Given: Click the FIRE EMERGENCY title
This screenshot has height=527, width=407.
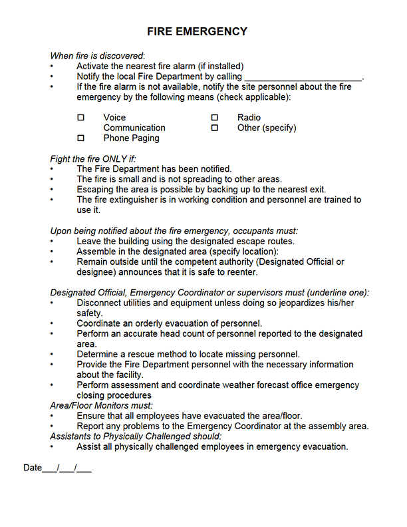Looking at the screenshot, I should point(197,32).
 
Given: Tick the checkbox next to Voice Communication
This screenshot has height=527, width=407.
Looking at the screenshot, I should point(81,118).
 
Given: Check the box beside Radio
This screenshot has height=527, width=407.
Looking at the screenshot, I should point(215,118).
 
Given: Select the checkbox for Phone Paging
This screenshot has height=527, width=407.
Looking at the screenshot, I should point(81,138).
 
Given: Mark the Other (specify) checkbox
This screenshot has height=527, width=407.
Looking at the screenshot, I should point(215,128).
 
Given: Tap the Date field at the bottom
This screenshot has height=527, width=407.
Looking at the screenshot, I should point(57,468).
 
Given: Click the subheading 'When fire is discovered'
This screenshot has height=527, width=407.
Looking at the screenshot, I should point(97,56).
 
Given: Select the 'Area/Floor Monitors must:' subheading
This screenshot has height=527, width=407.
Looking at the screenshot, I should point(101,405).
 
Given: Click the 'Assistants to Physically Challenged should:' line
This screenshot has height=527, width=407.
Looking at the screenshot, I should point(136,437).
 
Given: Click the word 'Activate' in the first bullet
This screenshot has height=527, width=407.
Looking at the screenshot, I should point(94,67).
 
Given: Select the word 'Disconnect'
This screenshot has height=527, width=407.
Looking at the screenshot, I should point(100,303).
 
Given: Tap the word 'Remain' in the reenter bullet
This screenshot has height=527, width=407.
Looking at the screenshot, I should point(93,262).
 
